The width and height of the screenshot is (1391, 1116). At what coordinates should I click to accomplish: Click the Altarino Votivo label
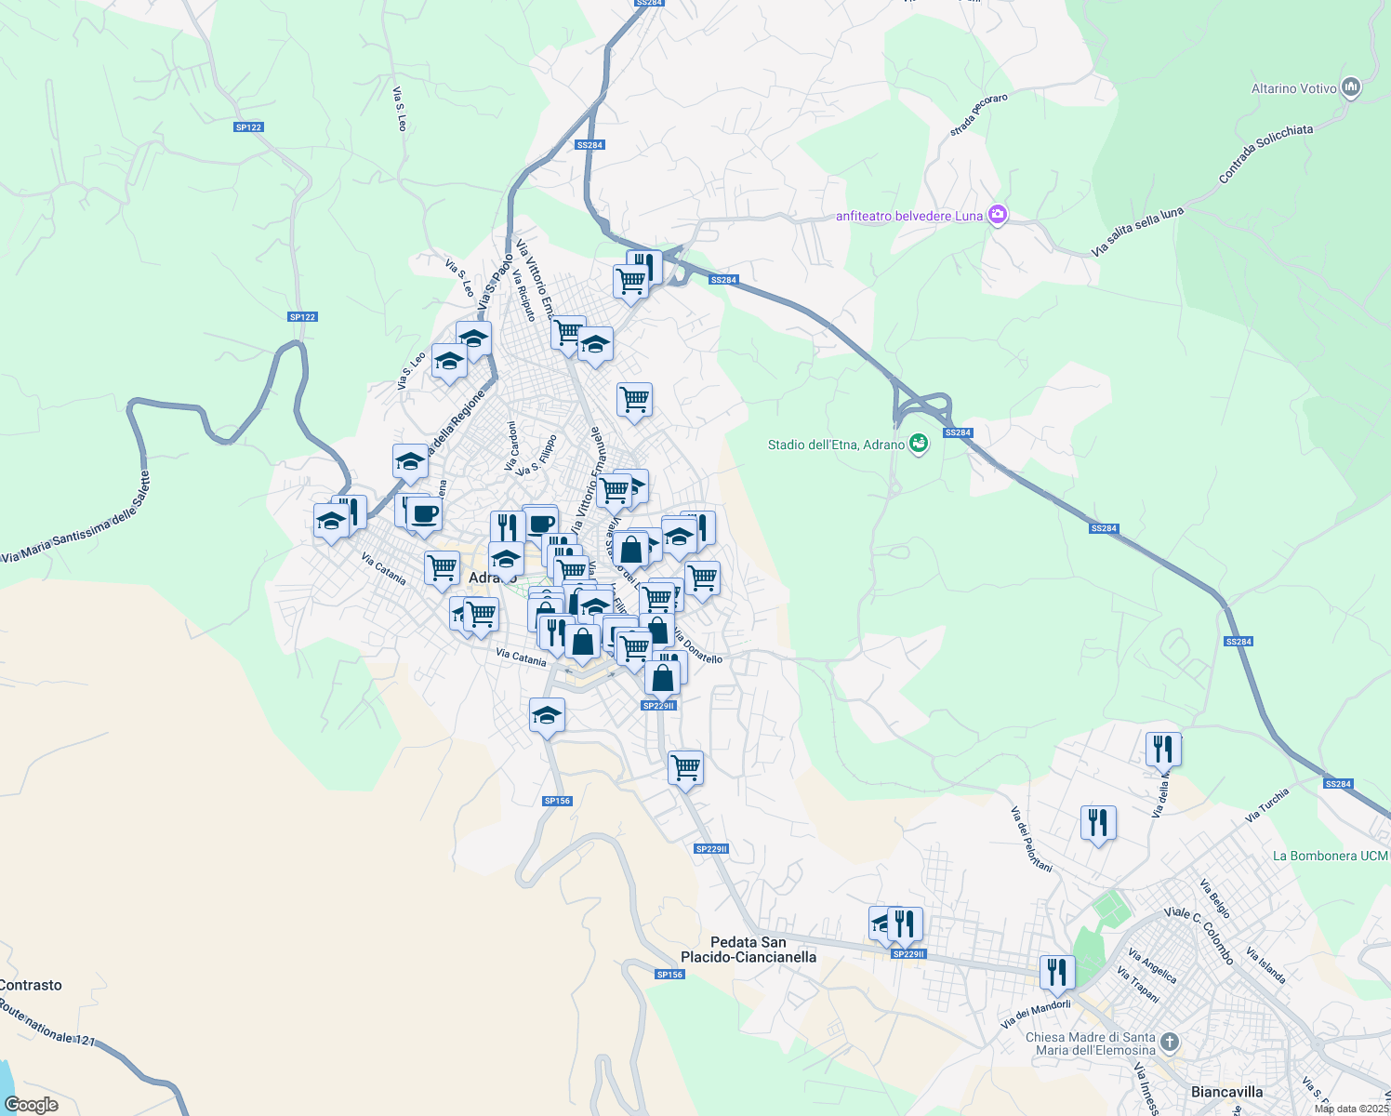1293,89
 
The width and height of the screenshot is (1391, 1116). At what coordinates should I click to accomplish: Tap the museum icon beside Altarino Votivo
1352,87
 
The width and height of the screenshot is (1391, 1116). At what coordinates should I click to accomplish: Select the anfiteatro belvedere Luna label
908,216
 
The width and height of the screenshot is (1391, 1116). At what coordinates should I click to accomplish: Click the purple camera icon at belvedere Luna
998,215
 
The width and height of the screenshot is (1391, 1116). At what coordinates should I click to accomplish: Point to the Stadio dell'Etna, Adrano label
836,445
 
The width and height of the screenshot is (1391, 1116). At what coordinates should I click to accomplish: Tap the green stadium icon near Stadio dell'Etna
919,444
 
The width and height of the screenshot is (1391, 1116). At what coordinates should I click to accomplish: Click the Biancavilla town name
1226,1092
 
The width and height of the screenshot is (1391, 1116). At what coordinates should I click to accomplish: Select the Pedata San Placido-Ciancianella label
748,950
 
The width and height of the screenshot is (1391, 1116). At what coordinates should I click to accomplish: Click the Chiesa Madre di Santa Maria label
1090,1043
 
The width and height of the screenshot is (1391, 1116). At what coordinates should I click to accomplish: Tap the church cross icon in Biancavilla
1171,1042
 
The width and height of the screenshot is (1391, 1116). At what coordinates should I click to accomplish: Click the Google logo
32,1105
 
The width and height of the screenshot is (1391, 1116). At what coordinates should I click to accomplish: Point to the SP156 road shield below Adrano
557,801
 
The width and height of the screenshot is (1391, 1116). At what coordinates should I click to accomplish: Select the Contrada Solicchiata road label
1265,152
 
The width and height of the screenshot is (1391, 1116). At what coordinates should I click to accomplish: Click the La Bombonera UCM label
1330,856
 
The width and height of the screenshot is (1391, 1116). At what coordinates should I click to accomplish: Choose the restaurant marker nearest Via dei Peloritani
1098,823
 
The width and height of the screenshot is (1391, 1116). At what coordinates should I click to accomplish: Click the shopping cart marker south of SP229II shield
685,768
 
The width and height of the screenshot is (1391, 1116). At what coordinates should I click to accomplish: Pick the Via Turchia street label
1267,805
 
